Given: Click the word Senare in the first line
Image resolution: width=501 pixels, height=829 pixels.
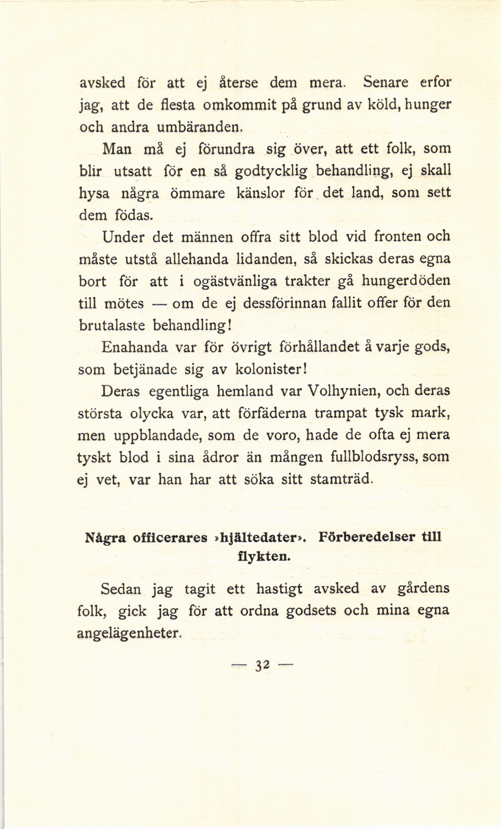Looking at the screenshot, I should click(386, 82).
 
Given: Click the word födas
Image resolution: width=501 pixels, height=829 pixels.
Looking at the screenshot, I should click(133, 215).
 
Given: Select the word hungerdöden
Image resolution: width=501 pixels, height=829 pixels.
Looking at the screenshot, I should click(405, 281).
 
